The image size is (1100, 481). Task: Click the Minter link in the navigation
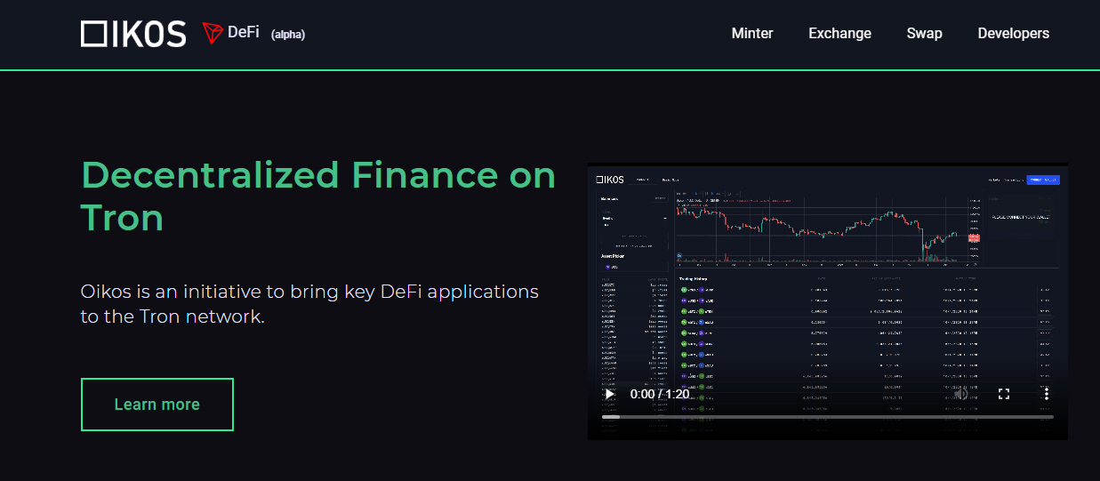tap(751, 34)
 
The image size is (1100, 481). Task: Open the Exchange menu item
tap(839, 34)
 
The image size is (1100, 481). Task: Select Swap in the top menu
tap(924, 34)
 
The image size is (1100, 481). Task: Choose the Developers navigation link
tap(1013, 34)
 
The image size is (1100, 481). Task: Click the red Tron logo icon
tap(212, 34)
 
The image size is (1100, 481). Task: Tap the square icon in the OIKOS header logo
tap(92, 34)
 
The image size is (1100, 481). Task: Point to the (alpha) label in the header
tap(287, 35)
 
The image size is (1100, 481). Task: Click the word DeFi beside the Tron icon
tap(244, 33)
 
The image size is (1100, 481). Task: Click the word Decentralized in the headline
tap(210, 175)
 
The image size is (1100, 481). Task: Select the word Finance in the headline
tap(412, 175)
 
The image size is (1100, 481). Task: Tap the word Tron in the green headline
tap(122, 218)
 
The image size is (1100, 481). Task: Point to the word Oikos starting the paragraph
tap(105, 292)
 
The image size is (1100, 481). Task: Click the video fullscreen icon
tap(1004, 394)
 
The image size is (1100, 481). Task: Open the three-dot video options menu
tap(1047, 394)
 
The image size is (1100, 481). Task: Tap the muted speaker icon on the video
tap(961, 394)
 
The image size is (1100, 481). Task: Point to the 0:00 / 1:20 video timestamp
tap(659, 394)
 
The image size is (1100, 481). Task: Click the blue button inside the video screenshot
tap(1042, 180)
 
